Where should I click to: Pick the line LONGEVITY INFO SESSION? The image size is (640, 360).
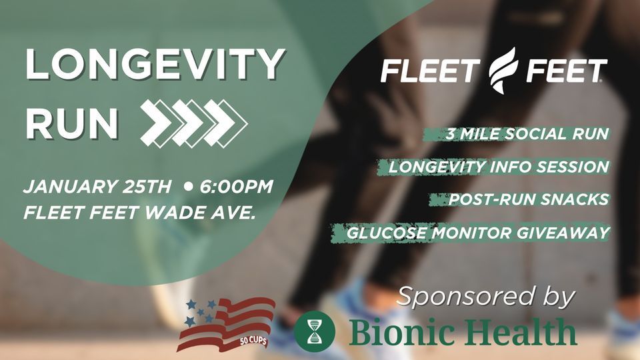pos(499,167)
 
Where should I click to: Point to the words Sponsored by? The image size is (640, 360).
pos(486,295)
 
